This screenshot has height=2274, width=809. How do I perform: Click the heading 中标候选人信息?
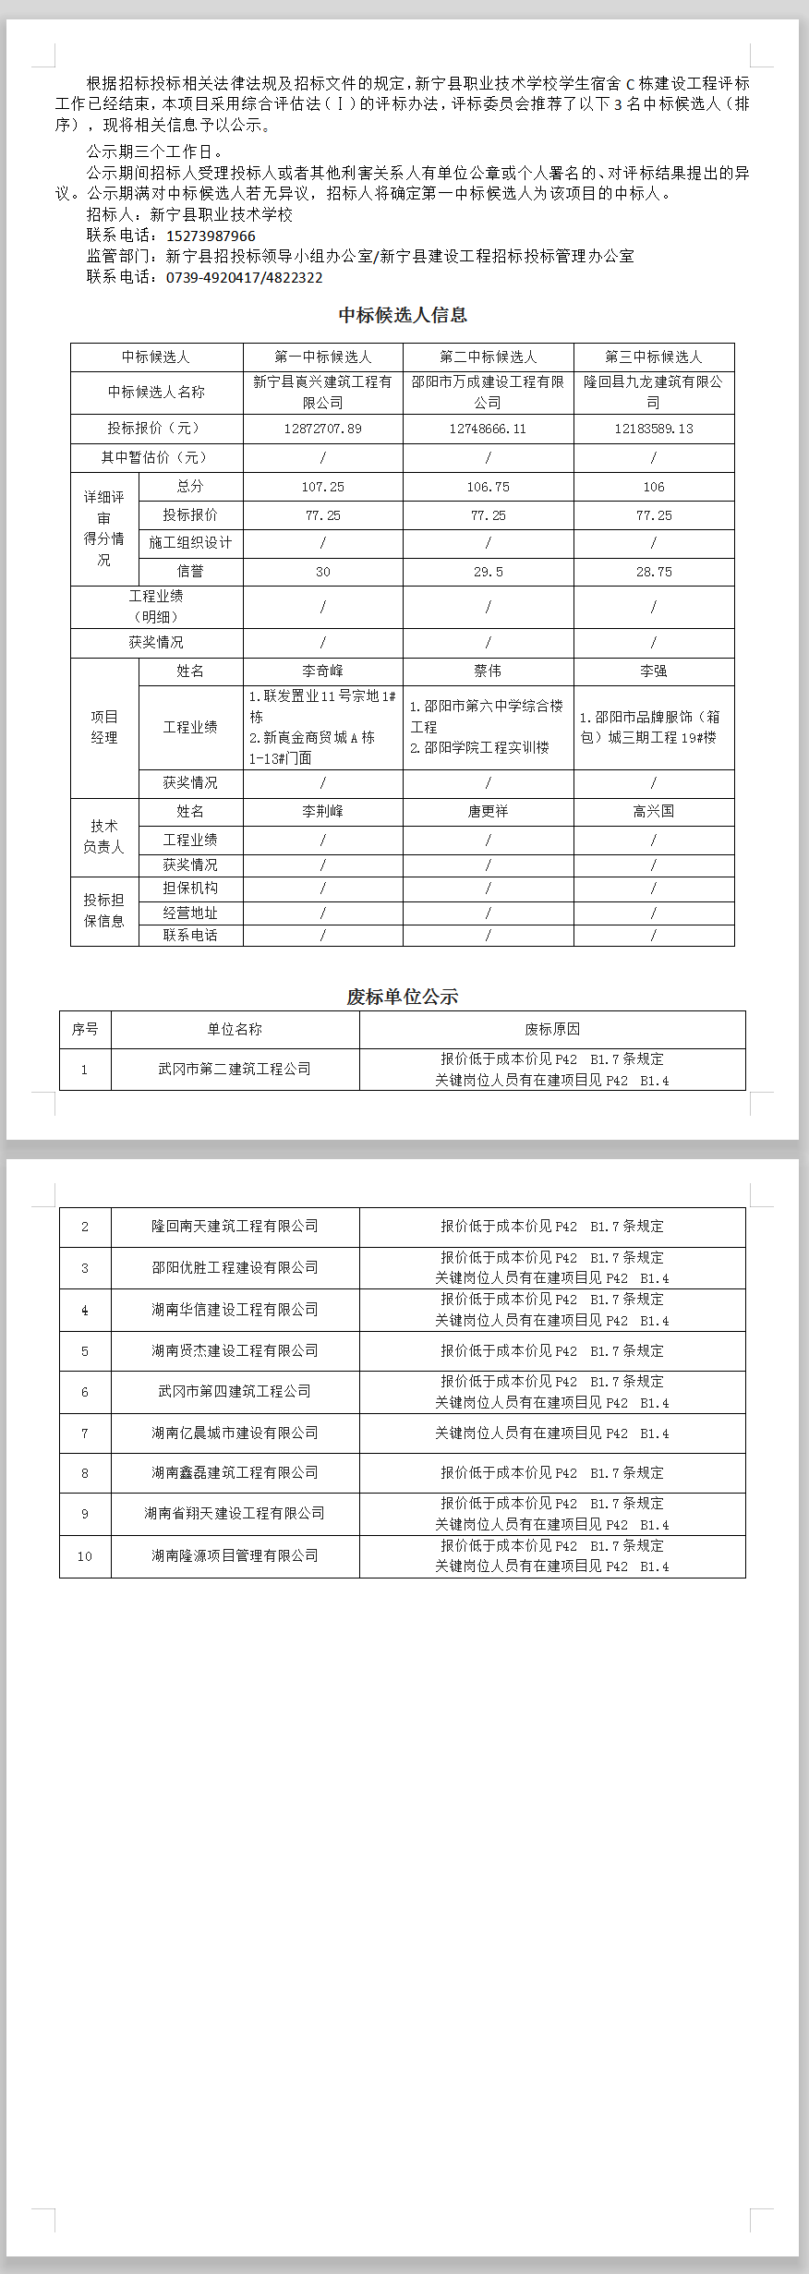pyautogui.click(x=403, y=315)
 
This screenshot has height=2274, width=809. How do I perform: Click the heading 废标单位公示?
pyautogui.click(x=403, y=997)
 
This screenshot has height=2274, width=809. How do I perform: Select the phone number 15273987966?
pyautogui.click(x=211, y=236)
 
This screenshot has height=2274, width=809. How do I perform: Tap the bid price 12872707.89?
pyautogui.click(x=322, y=429)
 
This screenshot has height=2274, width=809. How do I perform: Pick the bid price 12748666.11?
pyautogui.click(x=488, y=429)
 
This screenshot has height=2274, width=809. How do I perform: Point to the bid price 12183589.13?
pyautogui.click(x=653, y=429)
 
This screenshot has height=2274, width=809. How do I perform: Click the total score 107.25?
pyautogui.click(x=322, y=487)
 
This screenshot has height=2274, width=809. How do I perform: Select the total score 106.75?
pyautogui.click(x=488, y=487)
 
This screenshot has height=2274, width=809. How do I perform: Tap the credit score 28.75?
pyautogui.click(x=653, y=572)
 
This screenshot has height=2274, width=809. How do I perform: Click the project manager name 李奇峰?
pyautogui.click(x=322, y=671)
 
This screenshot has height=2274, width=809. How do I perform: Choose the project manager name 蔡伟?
pyautogui.click(x=488, y=671)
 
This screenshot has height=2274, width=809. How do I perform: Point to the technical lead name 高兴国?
pyautogui.click(x=653, y=811)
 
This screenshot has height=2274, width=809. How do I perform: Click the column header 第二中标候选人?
pyautogui.click(x=488, y=357)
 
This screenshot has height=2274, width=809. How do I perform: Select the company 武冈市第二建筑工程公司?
pyautogui.click(x=235, y=1069)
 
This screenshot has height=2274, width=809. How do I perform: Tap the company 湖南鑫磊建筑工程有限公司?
pyautogui.click(x=235, y=1472)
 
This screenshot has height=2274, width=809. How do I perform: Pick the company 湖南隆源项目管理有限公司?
pyautogui.click(x=235, y=1555)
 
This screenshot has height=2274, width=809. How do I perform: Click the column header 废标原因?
pyautogui.click(x=552, y=1029)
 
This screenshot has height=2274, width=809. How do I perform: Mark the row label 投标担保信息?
pyautogui.click(x=103, y=910)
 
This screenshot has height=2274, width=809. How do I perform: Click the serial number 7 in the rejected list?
pyautogui.click(x=85, y=1433)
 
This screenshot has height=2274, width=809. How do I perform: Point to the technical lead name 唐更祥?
pyautogui.click(x=488, y=811)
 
